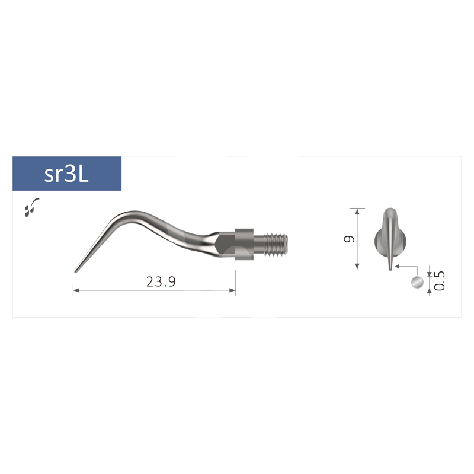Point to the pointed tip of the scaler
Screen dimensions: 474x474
tap(76, 272)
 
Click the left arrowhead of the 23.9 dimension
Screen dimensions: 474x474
tap(76, 290)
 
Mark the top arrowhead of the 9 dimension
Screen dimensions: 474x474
tap(358, 211)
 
